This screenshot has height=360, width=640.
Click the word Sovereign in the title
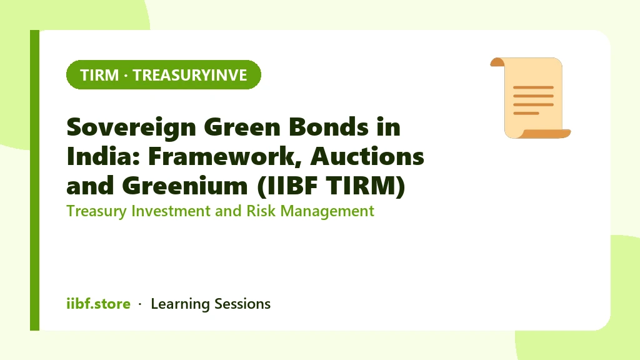click(131, 127)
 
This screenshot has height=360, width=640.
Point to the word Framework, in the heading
click(224, 157)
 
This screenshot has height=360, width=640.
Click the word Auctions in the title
click(367, 156)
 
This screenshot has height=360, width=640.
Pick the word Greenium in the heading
click(185, 186)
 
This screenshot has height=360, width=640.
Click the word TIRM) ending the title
click(366, 186)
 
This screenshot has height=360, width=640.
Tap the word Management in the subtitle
click(327, 211)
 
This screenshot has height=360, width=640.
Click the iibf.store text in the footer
click(98, 304)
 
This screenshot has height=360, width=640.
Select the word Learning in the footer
click(180, 304)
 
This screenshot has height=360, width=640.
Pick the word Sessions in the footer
click(242, 304)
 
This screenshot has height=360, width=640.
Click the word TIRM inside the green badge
click(99, 75)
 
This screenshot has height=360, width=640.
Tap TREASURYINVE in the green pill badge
click(190, 75)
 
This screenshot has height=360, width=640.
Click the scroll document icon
click(530, 98)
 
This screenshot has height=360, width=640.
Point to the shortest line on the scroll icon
click(526, 113)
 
